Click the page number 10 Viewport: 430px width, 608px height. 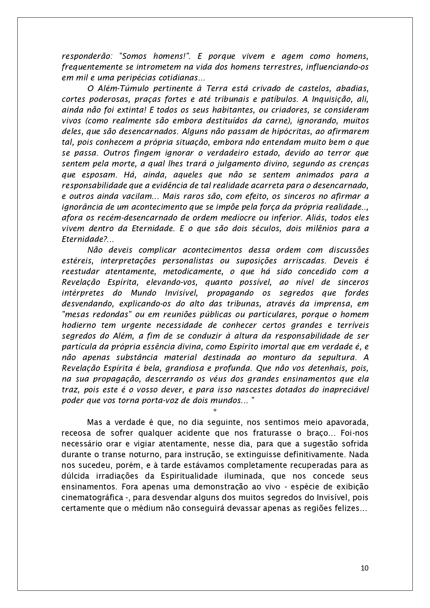click(x=365, y=568)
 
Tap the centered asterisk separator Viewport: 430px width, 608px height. click(x=215, y=411)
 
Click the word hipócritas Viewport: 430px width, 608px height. click(x=301, y=131)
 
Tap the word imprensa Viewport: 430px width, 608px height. click(x=334, y=304)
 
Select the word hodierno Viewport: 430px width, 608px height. click(x=79, y=325)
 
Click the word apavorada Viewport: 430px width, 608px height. click(x=344, y=422)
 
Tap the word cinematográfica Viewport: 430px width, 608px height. click(x=92, y=497)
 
